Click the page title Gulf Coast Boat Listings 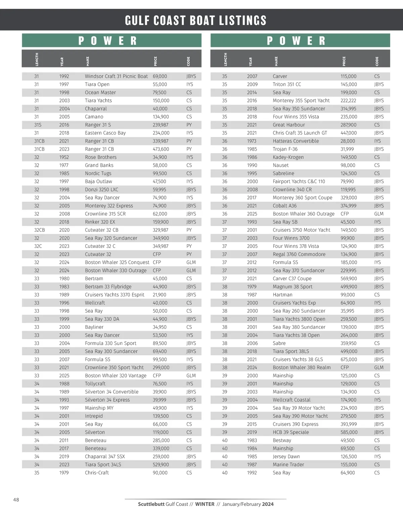[x=195, y=20]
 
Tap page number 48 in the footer [x=16, y=500]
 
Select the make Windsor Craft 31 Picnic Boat [x=116, y=76]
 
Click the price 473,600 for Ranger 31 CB [x=161, y=149]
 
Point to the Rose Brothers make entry [x=101, y=157]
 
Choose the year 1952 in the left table [x=64, y=157]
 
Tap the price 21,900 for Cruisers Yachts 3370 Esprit [x=160, y=295]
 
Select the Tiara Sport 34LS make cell [x=103, y=465]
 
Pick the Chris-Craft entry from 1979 [x=97, y=473]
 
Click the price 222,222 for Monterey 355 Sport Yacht [x=349, y=100]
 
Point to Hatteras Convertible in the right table [x=296, y=141]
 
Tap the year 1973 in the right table [x=252, y=141]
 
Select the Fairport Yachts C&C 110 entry [x=299, y=182]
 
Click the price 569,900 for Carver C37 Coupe [x=349, y=278]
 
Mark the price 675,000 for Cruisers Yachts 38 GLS [x=349, y=359]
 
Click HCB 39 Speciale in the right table [x=290, y=432]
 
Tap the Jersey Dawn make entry [x=286, y=457]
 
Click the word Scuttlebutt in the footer [x=151, y=504]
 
